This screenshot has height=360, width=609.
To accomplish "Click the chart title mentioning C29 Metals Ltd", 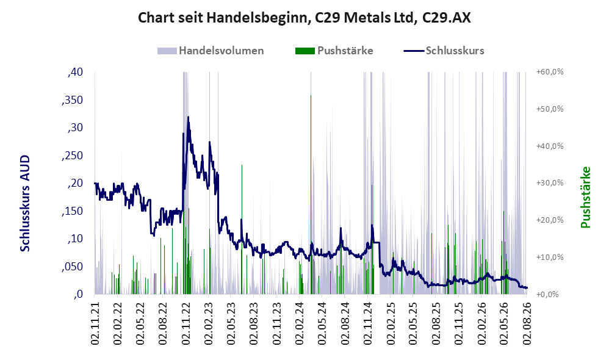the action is click(304, 18).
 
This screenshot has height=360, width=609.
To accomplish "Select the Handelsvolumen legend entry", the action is click(211, 51).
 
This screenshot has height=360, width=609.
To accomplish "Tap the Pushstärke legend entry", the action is click(334, 51).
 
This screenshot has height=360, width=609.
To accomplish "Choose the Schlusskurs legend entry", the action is click(444, 51).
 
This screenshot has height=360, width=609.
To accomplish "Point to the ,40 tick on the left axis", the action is click(75, 72).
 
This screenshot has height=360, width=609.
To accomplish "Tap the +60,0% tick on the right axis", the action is click(550, 72).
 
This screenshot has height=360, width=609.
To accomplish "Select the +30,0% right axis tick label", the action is click(550, 183).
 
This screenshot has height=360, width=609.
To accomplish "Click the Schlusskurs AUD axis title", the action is click(25, 203).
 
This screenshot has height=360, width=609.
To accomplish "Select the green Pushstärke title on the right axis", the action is click(586, 197).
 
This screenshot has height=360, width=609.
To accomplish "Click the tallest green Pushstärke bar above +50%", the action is click(311, 194).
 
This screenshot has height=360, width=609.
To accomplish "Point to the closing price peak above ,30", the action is click(189, 117).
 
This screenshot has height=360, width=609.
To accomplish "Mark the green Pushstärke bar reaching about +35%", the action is click(242, 229).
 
